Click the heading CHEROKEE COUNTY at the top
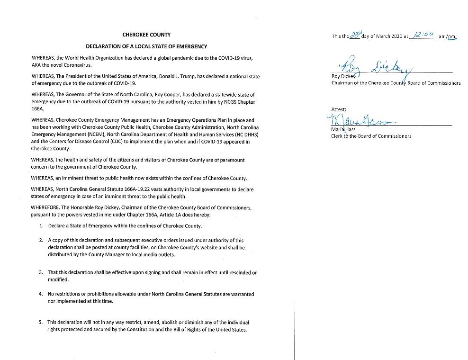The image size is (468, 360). (146, 35)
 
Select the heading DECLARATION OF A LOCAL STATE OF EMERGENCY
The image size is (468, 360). (146, 46)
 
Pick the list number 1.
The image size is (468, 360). (42, 226)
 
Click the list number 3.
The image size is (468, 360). (41, 273)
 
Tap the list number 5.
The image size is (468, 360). (41, 323)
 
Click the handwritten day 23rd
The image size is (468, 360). (354, 35)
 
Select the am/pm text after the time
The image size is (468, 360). (447, 36)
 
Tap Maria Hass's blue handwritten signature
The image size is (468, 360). (360, 119)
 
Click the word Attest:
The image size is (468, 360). (339, 109)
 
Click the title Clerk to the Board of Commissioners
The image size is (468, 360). (371, 136)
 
